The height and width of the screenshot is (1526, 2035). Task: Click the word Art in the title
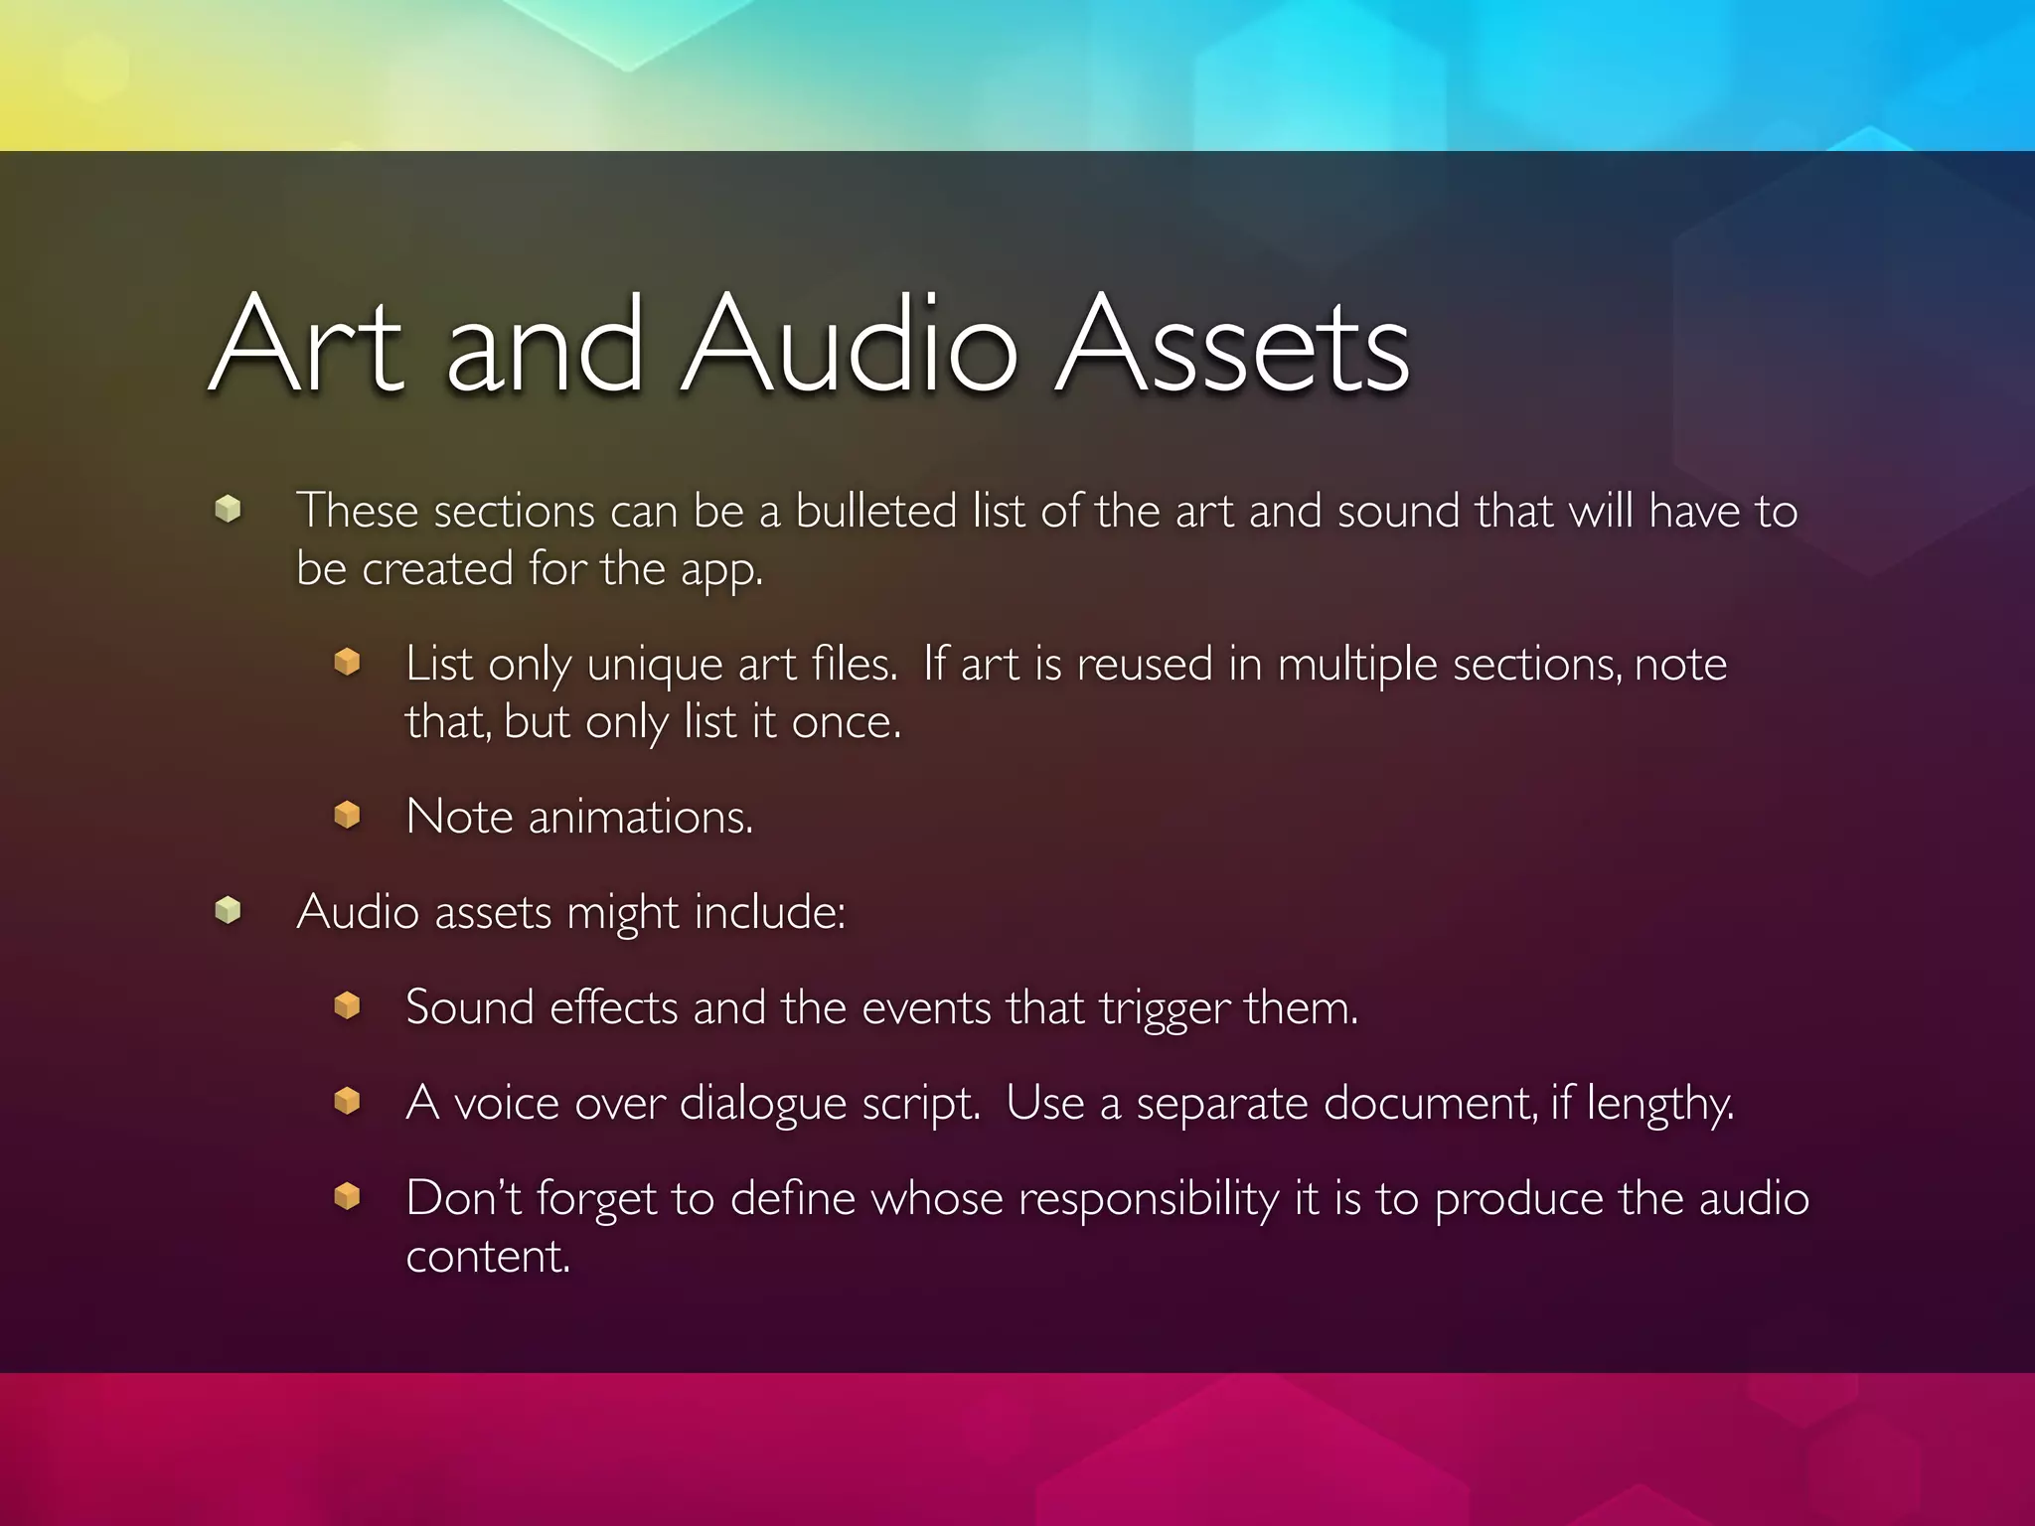pos(308,345)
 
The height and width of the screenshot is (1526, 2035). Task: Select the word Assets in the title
pos(1232,345)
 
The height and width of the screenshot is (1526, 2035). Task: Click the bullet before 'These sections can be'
pos(228,510)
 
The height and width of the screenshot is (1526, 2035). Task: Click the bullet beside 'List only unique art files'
pos(347,662)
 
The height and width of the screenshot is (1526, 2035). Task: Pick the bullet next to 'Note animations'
pos(347,815)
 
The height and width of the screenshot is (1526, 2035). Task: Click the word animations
pos(640,818)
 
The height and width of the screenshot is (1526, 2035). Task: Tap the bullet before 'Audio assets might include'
pos(228,910)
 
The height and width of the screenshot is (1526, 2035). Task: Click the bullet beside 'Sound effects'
pos(347,1005)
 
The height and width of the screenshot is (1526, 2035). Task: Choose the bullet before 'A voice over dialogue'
pos(347,1101)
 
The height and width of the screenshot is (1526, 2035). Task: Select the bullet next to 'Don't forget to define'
pos(347,1196)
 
